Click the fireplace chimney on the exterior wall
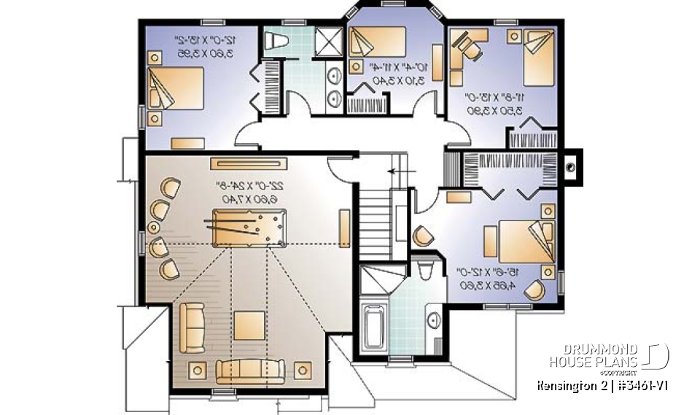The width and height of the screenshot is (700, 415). [571, 165]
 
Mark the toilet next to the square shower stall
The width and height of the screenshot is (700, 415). [278, 42]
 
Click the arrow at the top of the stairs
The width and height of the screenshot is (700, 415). [394, 172]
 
